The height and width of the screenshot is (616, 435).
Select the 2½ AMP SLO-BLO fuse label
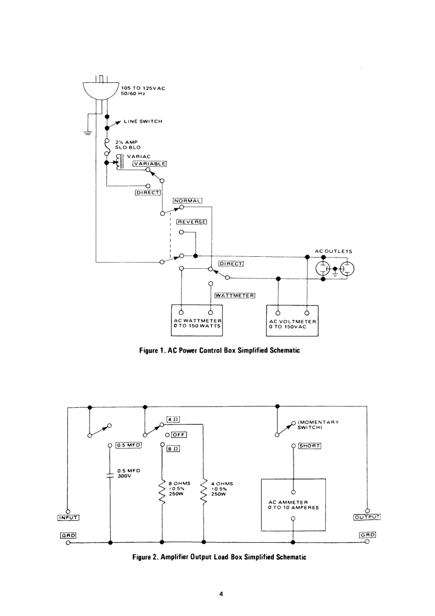pyautogui.click(x=128, y=145)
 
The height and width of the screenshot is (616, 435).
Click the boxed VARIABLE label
pyautogui.click(x=150, y=164)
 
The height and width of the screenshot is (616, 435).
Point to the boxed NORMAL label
pyautogui.click(x=188, y=201)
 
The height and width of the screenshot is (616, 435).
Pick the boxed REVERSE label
pyautogui.click(x=192, y=222)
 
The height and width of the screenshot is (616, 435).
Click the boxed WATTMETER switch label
pyautogui.click(x=235, y=296)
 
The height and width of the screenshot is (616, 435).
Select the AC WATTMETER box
pyautogui.click(x=197, y=320)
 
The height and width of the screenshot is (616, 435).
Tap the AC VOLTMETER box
pyautogui.click(x=292, y=320)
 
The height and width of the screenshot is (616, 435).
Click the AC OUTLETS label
pyautogui.click(x=333, y=251)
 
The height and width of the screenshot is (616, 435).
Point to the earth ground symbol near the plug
pyautogui.click(x=88, y=132)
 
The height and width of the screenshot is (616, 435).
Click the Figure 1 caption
pyautogui.click(x=219, y=350)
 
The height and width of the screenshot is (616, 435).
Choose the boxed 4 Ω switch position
pyautogui.click(x=173, y=419)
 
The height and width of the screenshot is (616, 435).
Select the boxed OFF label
pyautogui.click(x=179, y=435)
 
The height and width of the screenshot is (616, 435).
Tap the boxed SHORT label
pyautogui.click(x=309, y=446)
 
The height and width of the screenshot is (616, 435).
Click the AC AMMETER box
pyautogui.click(x=293, y=505)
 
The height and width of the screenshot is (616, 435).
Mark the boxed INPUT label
pyautogui.click(x=68, y=517)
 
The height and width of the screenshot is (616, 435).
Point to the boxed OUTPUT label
pyautogui.click(x=367, y=517)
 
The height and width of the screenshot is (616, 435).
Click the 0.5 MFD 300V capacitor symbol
pyautogui.click(x=110, y=476)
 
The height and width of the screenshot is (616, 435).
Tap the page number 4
pyautogui.click(x=221, y=594)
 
